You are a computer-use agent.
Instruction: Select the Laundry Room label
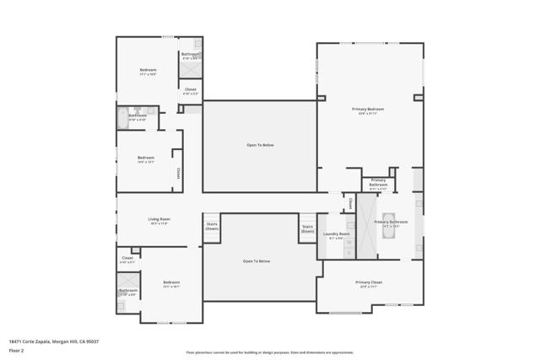pyautogui.click(x=336, y=234)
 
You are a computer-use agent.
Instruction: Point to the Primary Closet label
pyautogui.click(x=369, y=282)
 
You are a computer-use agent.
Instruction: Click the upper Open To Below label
pyautogui.click(x=260, y=145)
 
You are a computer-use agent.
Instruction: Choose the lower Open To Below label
pyautogui.click(x=256, y=261)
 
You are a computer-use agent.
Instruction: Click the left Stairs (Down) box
pyautogui.click(x=212, y=227)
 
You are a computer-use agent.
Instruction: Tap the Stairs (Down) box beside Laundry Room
pyautogui.click(x=307, y=228)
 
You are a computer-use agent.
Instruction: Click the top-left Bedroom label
pyautogui.click(x=148, y=70)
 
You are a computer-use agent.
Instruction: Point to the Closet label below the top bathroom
pyautogui.click(x=190, y=89)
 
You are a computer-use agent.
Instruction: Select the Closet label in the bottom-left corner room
pyautogui.click(x=127, y=258)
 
